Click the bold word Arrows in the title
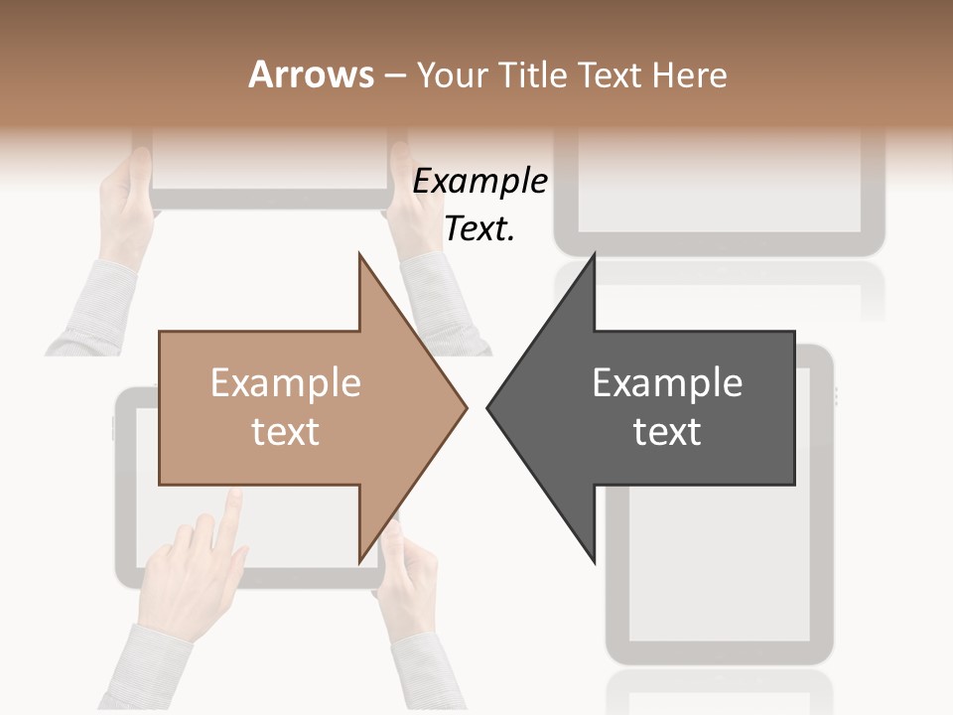tap(311, 74)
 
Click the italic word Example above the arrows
tap(480, 182)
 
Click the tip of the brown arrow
tap(466, 407)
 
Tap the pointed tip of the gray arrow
tap(488, 407)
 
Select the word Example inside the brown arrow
tap(286, 382)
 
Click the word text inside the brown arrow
tap(286, 431)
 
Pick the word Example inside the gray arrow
tap(667, 382)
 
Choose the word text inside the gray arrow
tap(667, 431)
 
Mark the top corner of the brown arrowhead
tap(359, 254)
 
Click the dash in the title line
tap(395, 75)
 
